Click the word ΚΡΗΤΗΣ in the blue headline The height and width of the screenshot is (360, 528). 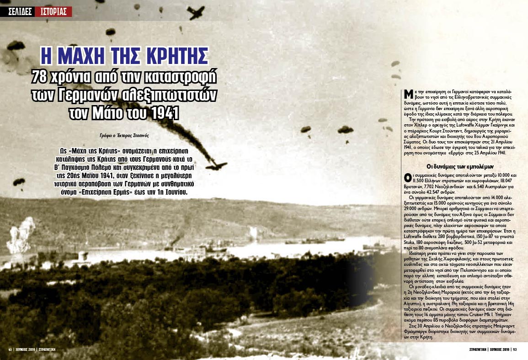(171, 56)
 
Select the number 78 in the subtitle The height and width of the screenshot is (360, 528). (40, 77)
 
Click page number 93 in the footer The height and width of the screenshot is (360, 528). (514, 349)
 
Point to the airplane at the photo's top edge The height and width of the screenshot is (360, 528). (196, 12)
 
